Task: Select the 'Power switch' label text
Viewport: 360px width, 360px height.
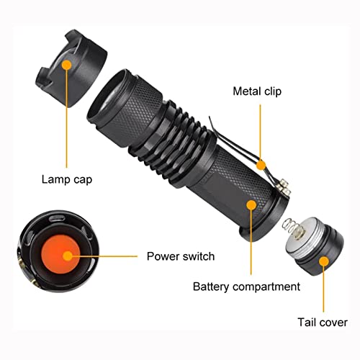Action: click(180, 256)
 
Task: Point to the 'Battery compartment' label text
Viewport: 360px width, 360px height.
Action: click(246, 287)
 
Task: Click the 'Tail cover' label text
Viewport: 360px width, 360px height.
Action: click(323, 323)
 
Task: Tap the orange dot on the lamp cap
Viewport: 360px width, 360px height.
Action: click(66, 65)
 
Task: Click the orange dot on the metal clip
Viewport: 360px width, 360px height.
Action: click(261, 165)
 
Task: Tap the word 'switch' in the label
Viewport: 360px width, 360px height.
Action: click(197, 256)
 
